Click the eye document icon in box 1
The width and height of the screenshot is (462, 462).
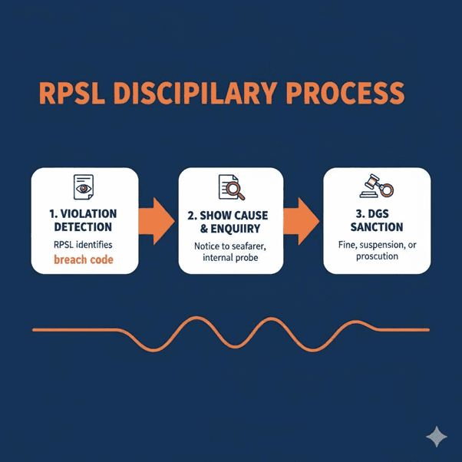click(x=84, y=188)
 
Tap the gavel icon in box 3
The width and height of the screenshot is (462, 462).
click(x=377, y=187)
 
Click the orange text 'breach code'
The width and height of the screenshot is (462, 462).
click(x=84, y=260)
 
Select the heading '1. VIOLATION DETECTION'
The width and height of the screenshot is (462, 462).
click(x=84, y=220)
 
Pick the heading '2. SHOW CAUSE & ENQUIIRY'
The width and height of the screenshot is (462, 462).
click(x=231, y=219)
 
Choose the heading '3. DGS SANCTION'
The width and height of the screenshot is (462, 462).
click(x=377, y=219)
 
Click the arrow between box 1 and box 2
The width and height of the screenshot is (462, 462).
click(x=157, y=221)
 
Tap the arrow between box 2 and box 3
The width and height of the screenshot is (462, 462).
click(x=304, y=221)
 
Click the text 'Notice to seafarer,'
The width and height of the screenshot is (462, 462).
click(x=231, y=244)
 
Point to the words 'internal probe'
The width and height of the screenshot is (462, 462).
click(x=231, y=257)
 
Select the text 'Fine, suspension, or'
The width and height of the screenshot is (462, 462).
click(x=377, y=244)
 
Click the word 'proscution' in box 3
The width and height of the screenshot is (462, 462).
click(x=377, y=256)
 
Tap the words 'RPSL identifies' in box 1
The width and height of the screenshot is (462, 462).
click(x=84, y=245)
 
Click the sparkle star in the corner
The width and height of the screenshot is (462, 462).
click(x=437, y=437)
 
